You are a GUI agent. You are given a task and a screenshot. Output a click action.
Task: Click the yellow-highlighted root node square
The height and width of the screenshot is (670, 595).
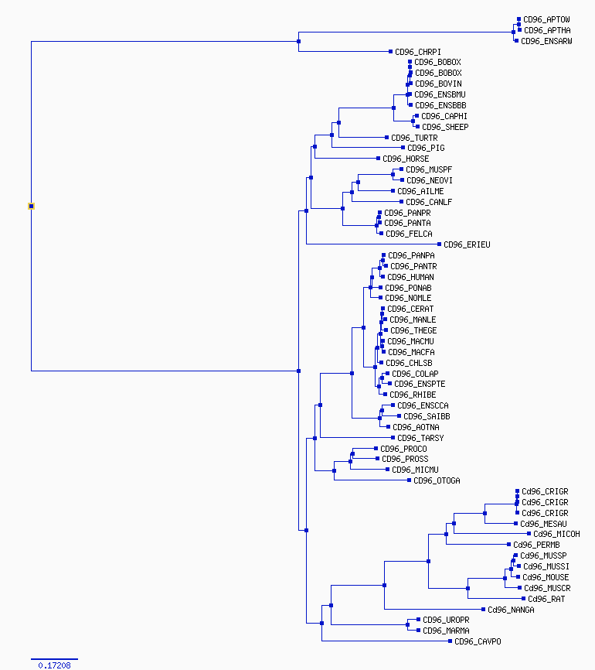[x=31, y=207]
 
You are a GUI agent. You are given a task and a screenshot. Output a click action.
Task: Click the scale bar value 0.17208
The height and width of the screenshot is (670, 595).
[x=54, y=665]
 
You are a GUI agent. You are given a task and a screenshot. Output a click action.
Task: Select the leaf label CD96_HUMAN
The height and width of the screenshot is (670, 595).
[x=410, y=277]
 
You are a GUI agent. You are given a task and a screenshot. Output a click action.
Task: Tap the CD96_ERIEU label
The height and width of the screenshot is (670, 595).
[x=467, y=244]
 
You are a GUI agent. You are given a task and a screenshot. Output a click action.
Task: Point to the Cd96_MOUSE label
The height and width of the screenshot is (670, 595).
[x=546, y=577]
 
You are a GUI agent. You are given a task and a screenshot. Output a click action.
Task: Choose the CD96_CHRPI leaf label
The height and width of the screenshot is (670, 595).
[x=418, y=52]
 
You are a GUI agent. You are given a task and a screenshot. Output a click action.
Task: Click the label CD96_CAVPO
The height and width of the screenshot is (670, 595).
[x=478, y=641]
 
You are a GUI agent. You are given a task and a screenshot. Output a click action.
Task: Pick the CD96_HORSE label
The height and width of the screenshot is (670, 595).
[x=406, y=159]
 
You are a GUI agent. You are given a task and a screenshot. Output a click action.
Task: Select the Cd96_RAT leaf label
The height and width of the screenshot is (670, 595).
[x=546, y=599]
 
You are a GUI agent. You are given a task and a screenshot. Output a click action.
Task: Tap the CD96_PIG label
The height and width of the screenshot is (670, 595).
[x=426, y=148]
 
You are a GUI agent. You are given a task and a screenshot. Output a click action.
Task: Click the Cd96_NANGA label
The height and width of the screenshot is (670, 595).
[x=511, y=610]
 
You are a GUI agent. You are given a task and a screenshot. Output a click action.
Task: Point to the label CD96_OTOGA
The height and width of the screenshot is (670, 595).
[x=437, y=480]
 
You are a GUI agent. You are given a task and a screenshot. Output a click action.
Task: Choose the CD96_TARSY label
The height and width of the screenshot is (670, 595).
[x=420, y=438]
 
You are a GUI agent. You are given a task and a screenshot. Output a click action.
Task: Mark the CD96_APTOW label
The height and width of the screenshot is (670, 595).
[x=546, y=19]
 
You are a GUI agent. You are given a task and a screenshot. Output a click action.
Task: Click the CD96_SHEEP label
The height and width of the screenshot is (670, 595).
[x=445, y=127]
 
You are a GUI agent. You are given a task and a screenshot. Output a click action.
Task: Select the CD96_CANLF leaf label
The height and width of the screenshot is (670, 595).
[x=429, y=202]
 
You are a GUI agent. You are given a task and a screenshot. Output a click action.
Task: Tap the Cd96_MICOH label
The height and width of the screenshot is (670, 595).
[x=556, y=534]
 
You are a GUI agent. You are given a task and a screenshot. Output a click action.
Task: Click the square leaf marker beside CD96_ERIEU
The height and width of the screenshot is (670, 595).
[x=439, y=244]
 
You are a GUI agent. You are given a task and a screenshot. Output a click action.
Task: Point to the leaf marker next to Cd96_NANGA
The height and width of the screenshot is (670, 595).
[x=483, y=610]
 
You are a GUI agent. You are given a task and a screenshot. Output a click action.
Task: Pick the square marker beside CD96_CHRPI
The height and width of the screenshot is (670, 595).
[x=390, y=52]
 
